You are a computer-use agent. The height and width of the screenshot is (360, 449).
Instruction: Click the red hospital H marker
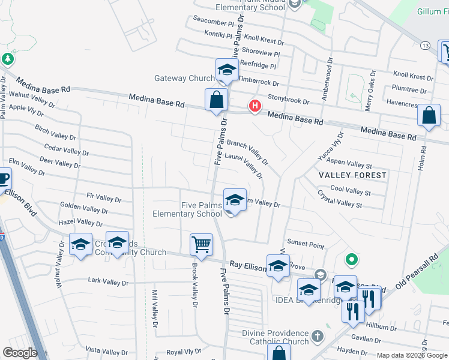[255, 106]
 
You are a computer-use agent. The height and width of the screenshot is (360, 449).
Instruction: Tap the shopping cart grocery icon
[201, 245]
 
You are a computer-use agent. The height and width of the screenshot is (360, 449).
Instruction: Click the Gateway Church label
[184, 78]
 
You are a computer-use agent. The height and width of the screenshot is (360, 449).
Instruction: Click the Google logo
[20, 352]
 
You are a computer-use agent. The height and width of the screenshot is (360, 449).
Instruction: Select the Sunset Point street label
[306, 245]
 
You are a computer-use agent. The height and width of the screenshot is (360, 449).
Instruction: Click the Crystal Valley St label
[340, 200]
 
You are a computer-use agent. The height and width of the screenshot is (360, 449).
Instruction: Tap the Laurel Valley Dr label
[244, 166]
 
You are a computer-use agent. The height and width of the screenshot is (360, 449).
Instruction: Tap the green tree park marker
[7, 59]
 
